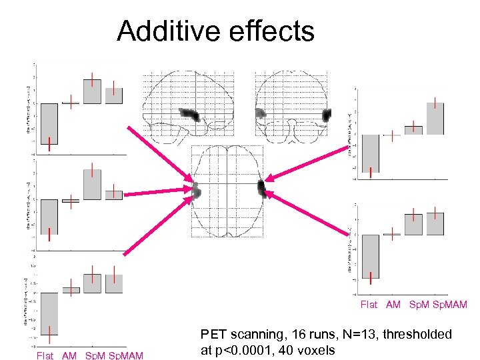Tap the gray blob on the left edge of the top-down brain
click(x=197, y=191)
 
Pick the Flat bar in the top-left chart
click(x=49, y=123)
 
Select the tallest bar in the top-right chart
click(x=435, y=118)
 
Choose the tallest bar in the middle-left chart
click(x=93, y=184)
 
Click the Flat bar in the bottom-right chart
click(x=371, y=256)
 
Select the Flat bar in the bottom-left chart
click(x=49, y=313)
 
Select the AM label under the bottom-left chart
click(x=70, y=355)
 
